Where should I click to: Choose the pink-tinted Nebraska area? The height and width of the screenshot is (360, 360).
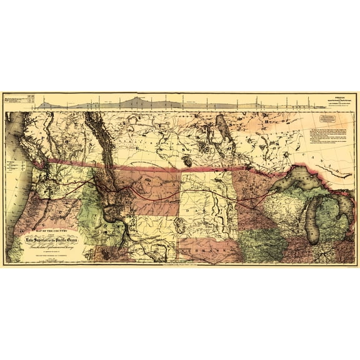(x=206, y=249)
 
